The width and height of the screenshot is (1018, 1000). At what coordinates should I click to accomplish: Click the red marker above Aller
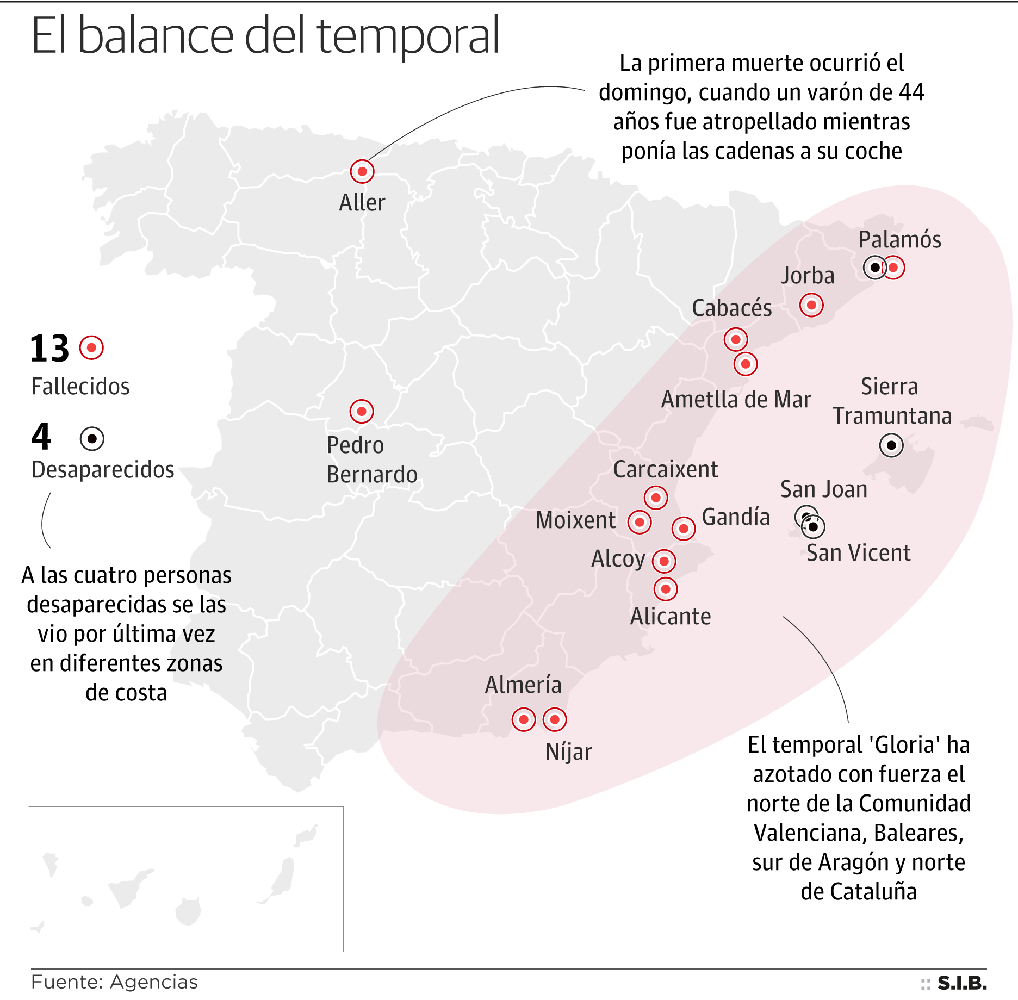pos(362,172)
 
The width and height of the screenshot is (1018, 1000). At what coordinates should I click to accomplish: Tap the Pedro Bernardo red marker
pos(362,412)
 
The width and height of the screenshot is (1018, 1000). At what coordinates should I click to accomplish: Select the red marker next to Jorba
pos(811,305)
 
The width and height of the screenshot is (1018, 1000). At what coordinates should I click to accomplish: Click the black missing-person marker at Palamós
pos(874,268)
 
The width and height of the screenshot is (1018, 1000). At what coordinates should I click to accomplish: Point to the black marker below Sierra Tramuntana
pos(891,446)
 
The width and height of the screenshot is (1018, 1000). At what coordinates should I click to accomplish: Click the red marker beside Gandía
pos(684,529)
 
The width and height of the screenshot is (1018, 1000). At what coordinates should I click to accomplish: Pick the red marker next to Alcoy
pos(664,561)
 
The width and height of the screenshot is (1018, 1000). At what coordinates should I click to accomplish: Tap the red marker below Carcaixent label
pos(656,498)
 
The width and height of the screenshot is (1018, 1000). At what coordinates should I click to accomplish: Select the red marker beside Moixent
pos(640,523)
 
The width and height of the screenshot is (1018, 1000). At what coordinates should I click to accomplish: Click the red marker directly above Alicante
pos(666,589)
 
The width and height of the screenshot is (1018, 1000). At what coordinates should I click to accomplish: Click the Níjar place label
pos(568,752)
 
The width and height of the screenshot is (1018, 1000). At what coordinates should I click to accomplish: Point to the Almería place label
pos(523,685)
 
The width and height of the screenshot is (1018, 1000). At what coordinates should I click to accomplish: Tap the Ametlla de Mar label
pos(736,400)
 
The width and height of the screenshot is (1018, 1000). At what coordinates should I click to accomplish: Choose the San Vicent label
pos(858,553)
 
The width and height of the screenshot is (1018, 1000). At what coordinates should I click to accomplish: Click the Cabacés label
pos(731,308)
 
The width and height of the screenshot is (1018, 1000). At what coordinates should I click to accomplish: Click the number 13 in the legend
pos(49,349)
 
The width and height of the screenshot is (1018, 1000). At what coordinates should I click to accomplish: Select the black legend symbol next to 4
pos(92,438)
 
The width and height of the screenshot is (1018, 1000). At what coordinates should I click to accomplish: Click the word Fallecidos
pos(80,387)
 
